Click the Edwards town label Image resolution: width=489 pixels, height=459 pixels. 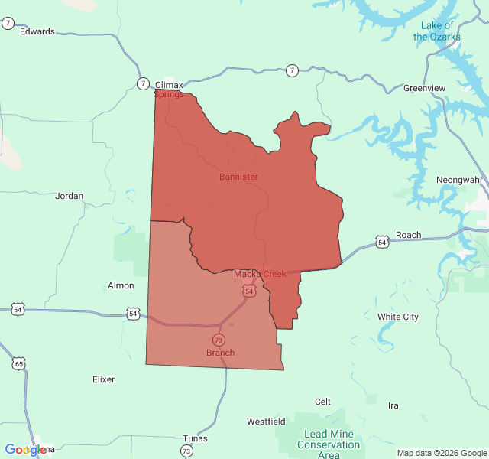click(37, 31)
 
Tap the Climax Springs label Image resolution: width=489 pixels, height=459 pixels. click(169, 90)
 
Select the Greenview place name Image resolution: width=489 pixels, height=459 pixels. click(424, 88)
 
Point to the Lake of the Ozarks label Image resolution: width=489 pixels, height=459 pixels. click(437, 31)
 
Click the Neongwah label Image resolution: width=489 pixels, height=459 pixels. click(458, 180)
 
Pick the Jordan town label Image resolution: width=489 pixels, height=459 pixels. click(69, 196)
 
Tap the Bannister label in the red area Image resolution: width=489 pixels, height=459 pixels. click(238, 177)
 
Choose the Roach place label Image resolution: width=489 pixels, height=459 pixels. click(409, 235)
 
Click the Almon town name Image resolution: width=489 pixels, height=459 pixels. click(121, 285)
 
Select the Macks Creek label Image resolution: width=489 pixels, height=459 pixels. click(260, 274)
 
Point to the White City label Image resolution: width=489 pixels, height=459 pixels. click(398, 317)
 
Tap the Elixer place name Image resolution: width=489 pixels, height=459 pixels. click(103, 379)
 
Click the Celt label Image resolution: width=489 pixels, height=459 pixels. click(323, 402)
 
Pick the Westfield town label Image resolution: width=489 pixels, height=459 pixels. click(266, 422)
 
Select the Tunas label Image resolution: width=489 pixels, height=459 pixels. click(195, 438)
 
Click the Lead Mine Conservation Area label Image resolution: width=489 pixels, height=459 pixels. click(329, 444)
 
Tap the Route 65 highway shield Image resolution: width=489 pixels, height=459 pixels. click(18, 363)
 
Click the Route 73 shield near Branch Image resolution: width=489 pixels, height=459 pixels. click(219, 340)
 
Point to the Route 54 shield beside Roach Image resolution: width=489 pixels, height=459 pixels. click(382, 243)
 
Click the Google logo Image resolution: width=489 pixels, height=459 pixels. click(25, 450)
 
